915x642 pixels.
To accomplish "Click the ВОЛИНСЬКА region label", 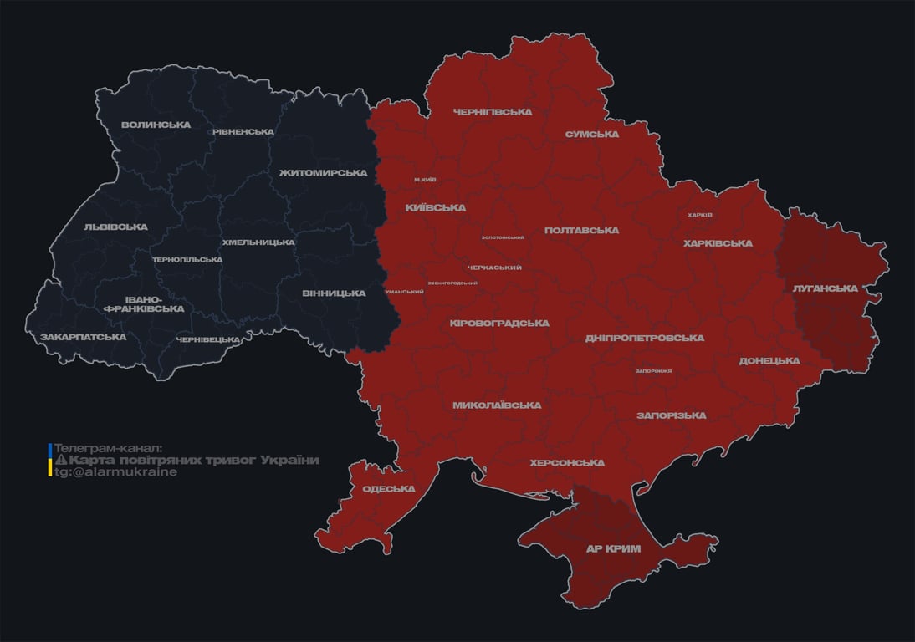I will pos(156,125).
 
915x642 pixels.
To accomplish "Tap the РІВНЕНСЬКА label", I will pos(243,132).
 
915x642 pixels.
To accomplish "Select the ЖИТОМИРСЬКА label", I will pos(323,173).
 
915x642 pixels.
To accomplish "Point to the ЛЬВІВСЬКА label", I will pos(115,227).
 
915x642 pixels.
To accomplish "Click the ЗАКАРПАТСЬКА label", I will pos(83,337).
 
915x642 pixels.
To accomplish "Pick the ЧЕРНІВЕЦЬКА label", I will pos(208,339).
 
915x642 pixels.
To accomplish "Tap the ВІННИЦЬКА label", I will pos(334,293).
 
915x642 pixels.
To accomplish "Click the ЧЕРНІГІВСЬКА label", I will pos(493,112).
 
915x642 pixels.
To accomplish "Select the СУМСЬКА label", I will pos(591,134).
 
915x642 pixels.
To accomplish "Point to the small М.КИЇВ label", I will pos(425,180).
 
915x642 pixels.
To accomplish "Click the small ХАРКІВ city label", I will pos(699,215).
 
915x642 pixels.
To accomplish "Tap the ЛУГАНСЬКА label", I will pos(826,288).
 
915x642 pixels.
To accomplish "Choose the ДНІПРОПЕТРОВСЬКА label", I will pos(644,338).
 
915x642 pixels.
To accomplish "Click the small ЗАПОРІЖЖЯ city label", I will pos(653,370).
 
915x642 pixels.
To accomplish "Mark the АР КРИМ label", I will pos(612,548).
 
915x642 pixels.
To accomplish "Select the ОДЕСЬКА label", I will pos(388,489).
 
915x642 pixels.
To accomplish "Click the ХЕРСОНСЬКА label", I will pos(566,462).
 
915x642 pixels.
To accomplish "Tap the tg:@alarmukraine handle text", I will pos(115,471).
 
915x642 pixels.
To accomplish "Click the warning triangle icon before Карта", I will pos(60,461).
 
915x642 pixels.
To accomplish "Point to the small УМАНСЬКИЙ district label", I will pos(403,292).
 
